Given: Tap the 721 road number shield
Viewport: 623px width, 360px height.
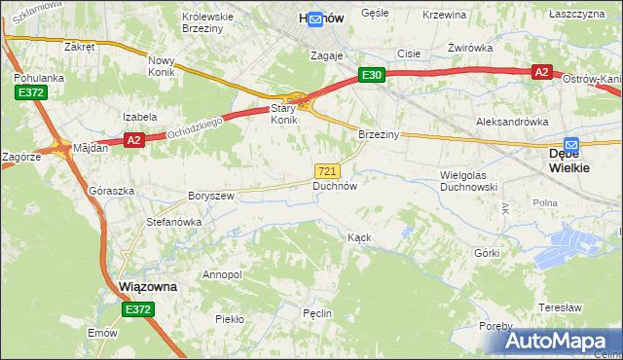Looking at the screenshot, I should (328, 170).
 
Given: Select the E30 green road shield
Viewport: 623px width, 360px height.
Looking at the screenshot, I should (372, 74).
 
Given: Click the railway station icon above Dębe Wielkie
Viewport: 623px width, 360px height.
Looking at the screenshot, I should (571, 143).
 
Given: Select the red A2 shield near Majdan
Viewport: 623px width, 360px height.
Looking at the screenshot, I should (134, 140).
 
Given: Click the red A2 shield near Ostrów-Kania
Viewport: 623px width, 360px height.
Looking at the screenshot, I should (542, 71).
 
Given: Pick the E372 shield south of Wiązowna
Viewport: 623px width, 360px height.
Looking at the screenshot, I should (138, 309).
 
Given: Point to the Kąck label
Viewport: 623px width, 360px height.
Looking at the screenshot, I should (360, 237).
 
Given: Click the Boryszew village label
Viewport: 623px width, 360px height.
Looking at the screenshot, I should (211, 196).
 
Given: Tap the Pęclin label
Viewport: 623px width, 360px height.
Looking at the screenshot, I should (317, 313).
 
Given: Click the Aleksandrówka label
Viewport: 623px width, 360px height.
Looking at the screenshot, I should (511, 122).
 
